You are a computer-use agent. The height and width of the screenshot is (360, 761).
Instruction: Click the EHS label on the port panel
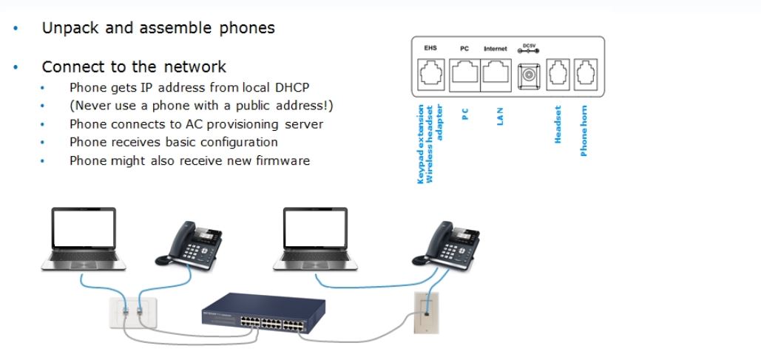pyautogui.click(x=430, y=48)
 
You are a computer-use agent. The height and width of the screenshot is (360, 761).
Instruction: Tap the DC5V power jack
pyautogui.click(x=529, y=75)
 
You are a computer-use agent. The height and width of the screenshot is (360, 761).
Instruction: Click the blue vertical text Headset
pyautogui.click(x=558, y=124)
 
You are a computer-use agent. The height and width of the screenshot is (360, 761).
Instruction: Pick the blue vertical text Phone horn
pyautogui.click(x=584, y=131)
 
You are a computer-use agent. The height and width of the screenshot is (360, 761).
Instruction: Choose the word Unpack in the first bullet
pyautogui.click(x=66, y=28)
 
